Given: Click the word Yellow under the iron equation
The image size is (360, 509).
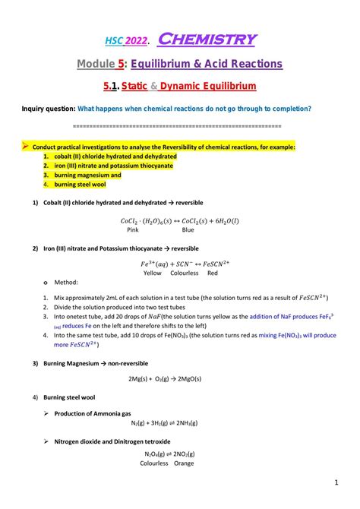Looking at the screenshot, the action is (x=152, y=273).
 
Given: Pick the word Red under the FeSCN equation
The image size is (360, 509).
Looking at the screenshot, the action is (x=213, y=273).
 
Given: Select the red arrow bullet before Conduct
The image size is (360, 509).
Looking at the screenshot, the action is (x=25, y=146).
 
